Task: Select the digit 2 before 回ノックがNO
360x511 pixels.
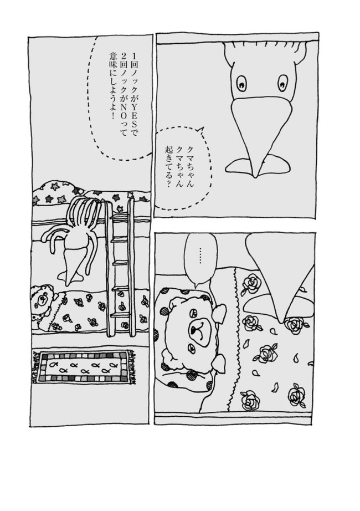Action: pyautogui.click(x=123, y=54)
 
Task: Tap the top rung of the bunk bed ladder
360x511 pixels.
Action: pyautogui.click(x=120, y=216)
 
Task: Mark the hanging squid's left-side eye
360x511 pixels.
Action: pyautogui.click(x=241, y=83)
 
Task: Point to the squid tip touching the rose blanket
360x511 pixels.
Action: pyautogui.click(x=283, y=320)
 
